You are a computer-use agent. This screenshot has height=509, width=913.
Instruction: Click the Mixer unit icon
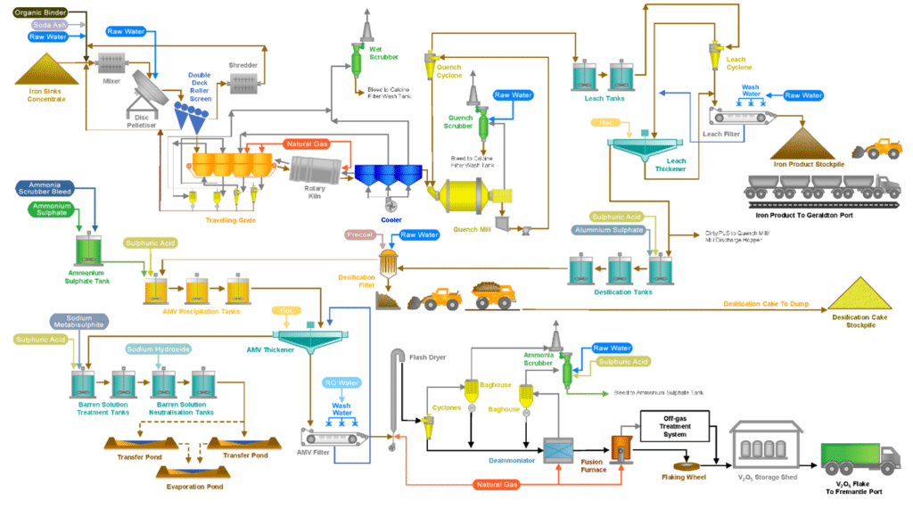tap(111, 64)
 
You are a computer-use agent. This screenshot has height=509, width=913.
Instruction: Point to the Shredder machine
tap(244, 82)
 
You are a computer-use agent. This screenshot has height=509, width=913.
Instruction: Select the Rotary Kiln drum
tap(318, 170)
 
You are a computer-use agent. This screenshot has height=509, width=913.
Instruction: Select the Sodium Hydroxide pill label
tap(159, 349)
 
